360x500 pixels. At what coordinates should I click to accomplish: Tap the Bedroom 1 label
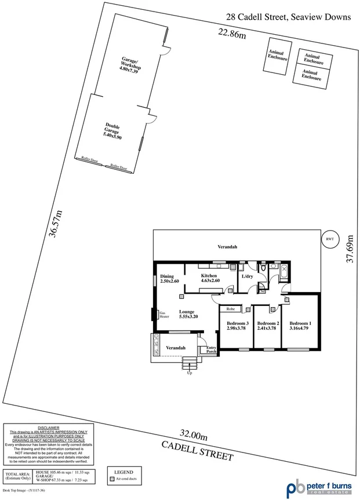tap(300, 326)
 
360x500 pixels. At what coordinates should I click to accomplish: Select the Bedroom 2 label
tap(268, 326)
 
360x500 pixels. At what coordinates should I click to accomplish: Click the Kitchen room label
tap(209, 279)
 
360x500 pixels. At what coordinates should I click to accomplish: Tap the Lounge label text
tap(189, 314)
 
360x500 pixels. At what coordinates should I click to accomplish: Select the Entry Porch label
tap(211, 349)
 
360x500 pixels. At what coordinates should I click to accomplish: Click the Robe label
tap(230, 309)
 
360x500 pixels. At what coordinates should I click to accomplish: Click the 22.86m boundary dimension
tap(232, 33)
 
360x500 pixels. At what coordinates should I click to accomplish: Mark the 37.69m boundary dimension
tap(350, 249)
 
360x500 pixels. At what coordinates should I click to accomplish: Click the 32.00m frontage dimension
tap(194, 435)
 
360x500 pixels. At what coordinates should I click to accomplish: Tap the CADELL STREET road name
tap(197, 450)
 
